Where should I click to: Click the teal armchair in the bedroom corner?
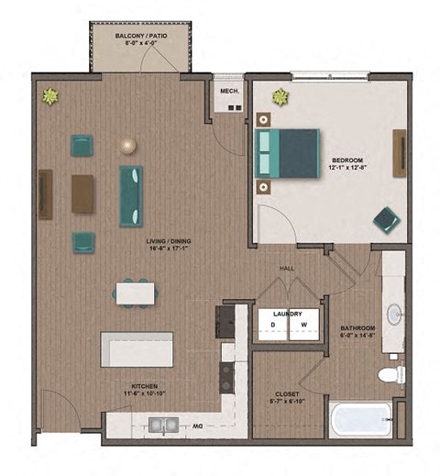386,219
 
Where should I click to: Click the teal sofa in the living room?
131,194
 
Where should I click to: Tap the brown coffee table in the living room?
83,194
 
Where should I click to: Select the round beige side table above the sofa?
127,145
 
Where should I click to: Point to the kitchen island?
137,349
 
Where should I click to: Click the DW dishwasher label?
196,425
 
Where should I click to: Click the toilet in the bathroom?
390,374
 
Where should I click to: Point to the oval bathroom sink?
394,315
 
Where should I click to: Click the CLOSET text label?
286,395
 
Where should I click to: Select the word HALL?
288,270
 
